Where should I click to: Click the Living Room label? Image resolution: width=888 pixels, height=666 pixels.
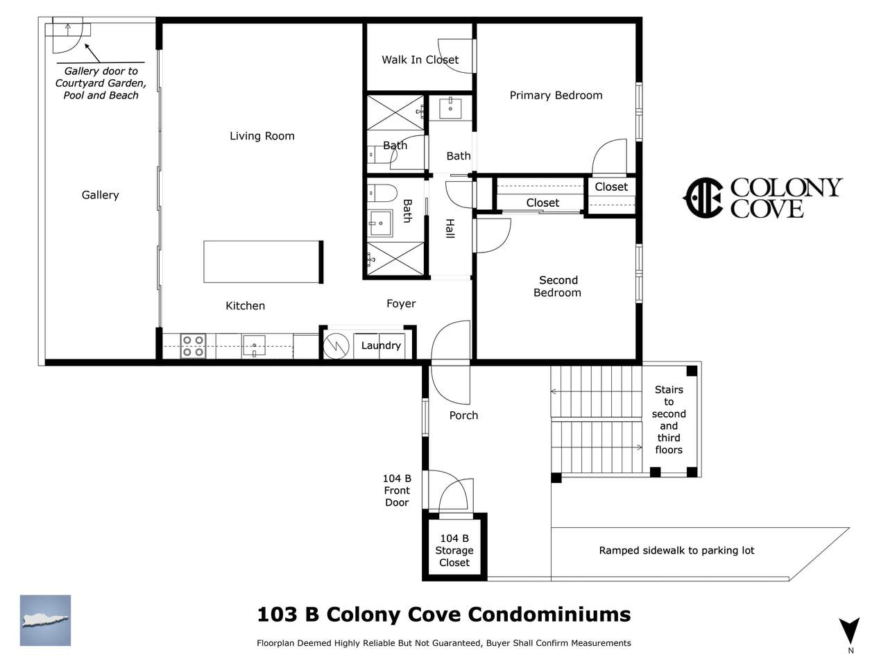pos(262,136)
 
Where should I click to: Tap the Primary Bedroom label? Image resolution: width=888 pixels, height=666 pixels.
pos(556,96)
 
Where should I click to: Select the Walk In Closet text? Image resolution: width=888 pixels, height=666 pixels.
pos(420,60)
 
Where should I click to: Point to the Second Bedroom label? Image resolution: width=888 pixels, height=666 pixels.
pos(558,286)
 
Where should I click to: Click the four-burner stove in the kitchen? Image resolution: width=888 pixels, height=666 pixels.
pos(193,346)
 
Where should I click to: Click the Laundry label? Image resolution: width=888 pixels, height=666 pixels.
pos(381,345)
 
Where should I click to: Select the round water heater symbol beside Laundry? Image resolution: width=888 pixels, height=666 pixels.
pos(336,346)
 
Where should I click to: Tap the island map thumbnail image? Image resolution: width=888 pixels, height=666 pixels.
pos(45,620)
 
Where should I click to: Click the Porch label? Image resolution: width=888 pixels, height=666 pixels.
pos(463,416)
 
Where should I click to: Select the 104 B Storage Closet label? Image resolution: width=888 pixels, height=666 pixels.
pos(454,550)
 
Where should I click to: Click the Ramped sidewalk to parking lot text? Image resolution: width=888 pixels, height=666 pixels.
pos(676,550)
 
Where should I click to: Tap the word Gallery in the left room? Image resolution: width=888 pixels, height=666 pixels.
pos(101,195)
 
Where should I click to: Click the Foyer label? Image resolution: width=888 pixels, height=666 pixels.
pos(401,303)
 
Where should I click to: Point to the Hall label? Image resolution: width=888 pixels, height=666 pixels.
pos(450,228)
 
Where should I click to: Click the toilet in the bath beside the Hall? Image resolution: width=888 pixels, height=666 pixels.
pos(381,193)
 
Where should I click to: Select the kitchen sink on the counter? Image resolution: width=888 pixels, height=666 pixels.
pos(254,345)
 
